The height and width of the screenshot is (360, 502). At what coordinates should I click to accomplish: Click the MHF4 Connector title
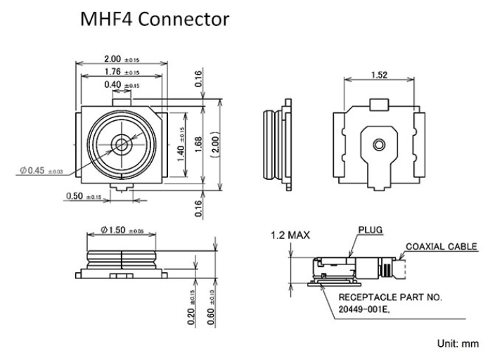pyautogui.click(x=155, y=19)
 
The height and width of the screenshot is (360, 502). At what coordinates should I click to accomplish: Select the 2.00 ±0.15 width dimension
pyautogui.click(x=122, y=59)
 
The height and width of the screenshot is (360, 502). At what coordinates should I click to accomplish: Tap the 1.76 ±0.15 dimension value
pyautogui.click(x=122, y=72)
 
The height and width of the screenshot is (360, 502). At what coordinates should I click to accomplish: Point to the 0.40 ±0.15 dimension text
pyautogui.click(x=122, y=85)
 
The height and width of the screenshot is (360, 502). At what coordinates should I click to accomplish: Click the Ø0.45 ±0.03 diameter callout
pyautogui.click(x=41, y=170)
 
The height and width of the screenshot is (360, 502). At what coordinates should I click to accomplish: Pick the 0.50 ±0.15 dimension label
pyautogui.click(x=84, y=195)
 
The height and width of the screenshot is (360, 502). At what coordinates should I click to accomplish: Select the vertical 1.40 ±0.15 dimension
pyautogui.click(x=181, y=144)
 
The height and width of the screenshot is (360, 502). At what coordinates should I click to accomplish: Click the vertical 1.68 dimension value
pyautogui.click(x=198, y=144)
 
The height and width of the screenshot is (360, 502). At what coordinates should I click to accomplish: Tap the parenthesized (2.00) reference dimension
pyautogui.click(x=215, y=144)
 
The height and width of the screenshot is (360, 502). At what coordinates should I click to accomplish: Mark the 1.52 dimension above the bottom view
pyautogui.click(x=380, y=75)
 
